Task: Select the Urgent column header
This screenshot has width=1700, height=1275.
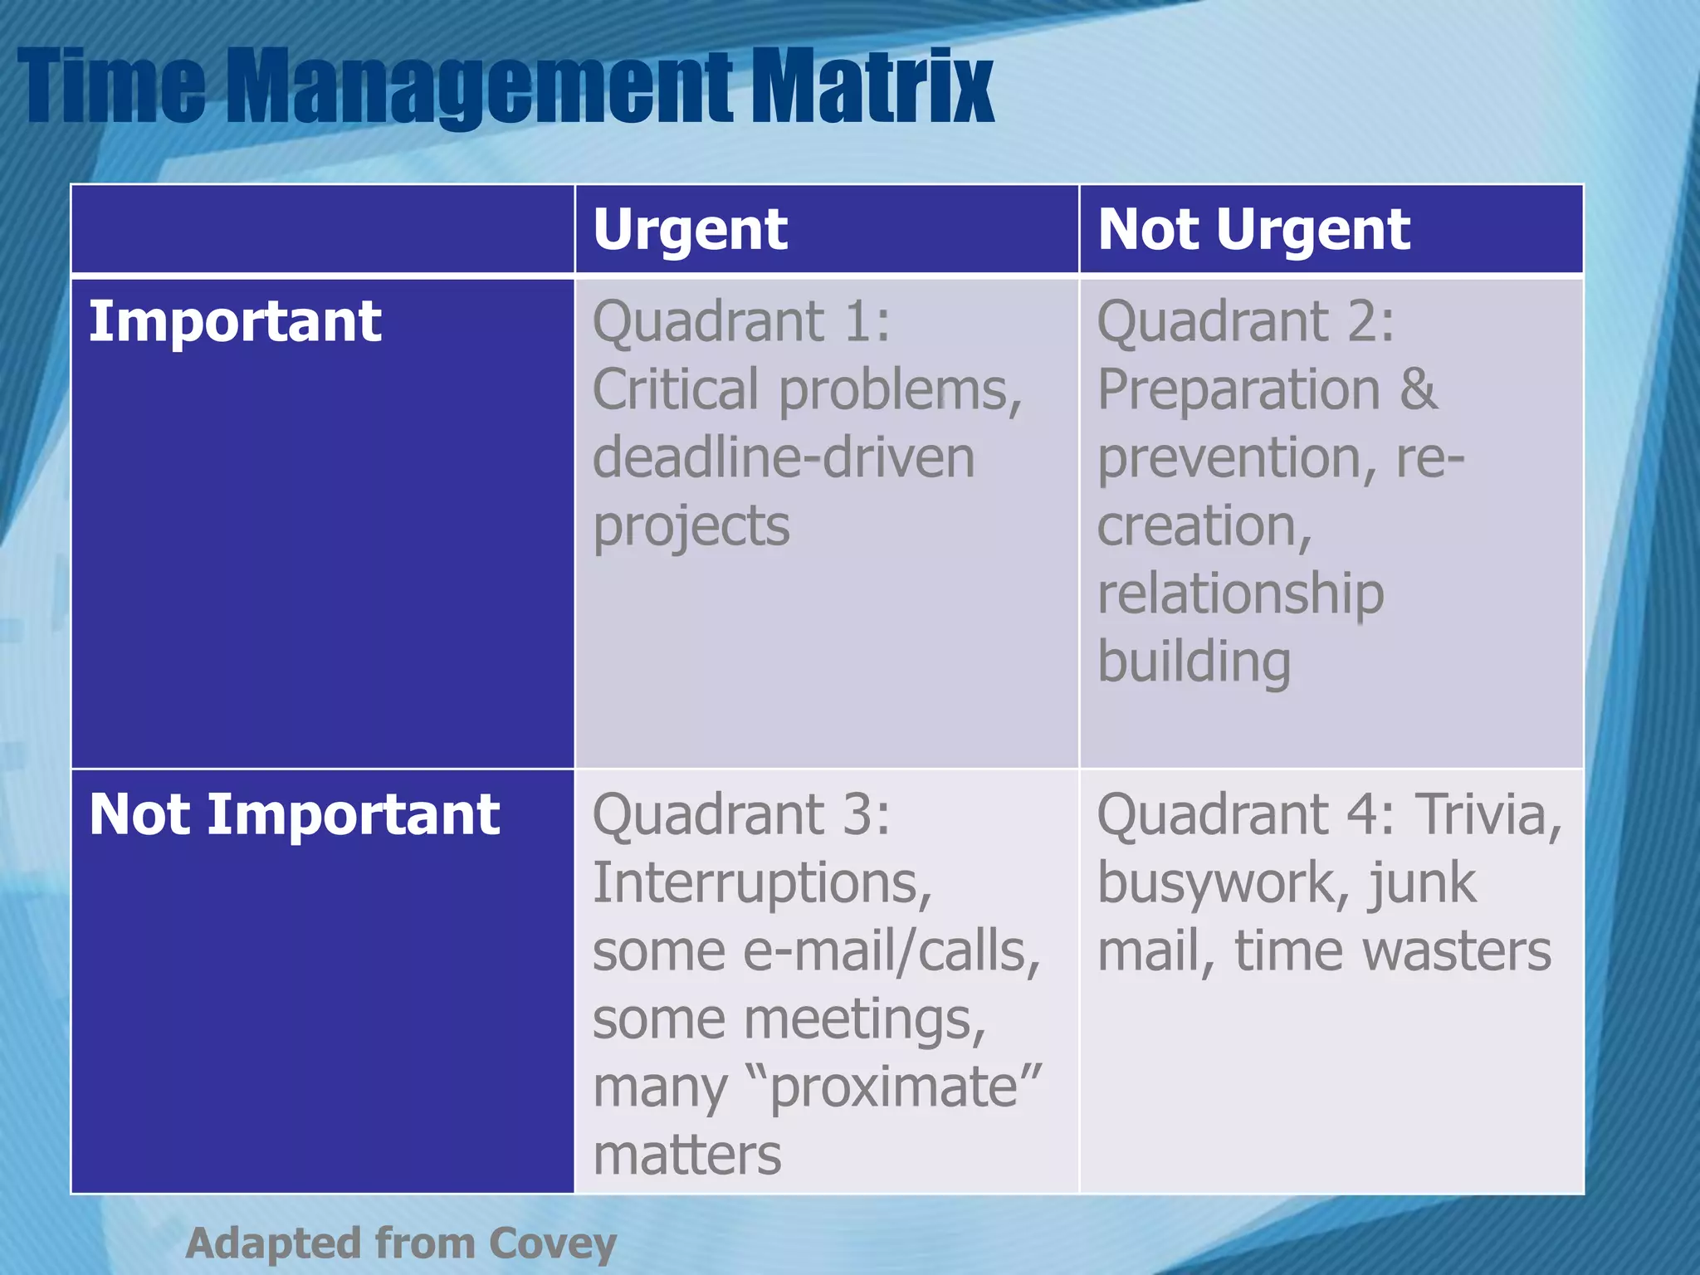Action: point(690,229)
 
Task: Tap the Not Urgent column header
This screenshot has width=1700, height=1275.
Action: point(1253,229)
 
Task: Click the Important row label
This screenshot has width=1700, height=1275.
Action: point(235,321)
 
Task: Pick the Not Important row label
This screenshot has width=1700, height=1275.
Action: point(294,813)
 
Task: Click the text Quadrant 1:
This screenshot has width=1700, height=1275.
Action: point(740,321)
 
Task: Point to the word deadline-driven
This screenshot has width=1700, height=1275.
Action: point(784,458)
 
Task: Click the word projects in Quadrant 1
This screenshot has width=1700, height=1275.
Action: point(691,526)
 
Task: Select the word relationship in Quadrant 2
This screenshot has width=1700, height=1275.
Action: point(1240,594)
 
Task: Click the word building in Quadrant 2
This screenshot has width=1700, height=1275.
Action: point(1194,662)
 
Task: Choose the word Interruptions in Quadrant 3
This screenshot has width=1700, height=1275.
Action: point(762,882)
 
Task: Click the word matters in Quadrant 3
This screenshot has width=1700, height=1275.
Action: point(686,1155)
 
